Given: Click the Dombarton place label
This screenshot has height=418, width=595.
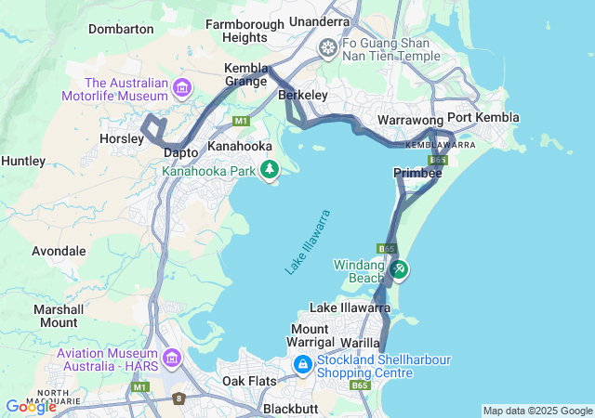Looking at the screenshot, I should point(124,29).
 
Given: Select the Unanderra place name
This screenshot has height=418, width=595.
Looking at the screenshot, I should point(320,21).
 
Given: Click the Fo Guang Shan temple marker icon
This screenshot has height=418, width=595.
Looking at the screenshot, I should point(328,46).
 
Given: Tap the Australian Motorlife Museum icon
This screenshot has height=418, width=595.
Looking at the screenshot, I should point(181,88).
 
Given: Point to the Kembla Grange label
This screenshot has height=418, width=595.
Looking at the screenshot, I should point(246,74).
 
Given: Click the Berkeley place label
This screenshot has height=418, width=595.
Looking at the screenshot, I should point(303,95).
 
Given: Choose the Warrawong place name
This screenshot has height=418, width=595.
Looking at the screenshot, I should point(410,121).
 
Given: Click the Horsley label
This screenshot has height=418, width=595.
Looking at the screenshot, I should point(120,138).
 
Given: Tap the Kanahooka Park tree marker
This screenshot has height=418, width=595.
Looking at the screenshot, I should point(270,169).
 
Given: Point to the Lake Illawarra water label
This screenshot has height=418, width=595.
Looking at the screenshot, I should point(309,242).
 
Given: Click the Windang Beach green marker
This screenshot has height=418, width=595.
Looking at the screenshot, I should point(399,269).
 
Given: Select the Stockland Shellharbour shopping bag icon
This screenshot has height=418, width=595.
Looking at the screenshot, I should point(303,366).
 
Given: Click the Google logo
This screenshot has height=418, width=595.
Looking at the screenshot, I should point(31,406).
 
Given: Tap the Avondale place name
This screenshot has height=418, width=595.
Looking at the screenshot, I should point(59,251).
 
